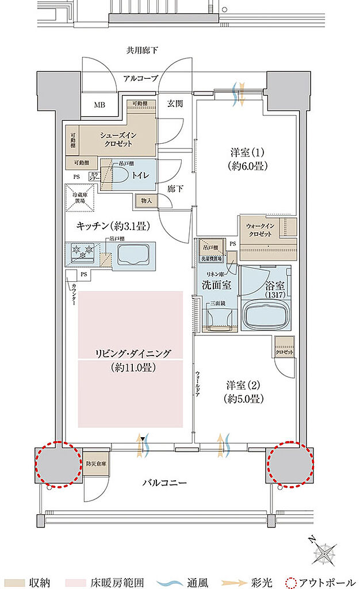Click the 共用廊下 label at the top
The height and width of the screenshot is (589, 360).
tap(142, 50)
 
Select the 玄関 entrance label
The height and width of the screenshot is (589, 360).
tap(175, 104)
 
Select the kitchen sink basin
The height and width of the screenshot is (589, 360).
tap(133, 255)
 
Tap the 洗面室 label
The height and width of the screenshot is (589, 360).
tap(216, 284)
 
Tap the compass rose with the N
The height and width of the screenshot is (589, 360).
tap(324, 554)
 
